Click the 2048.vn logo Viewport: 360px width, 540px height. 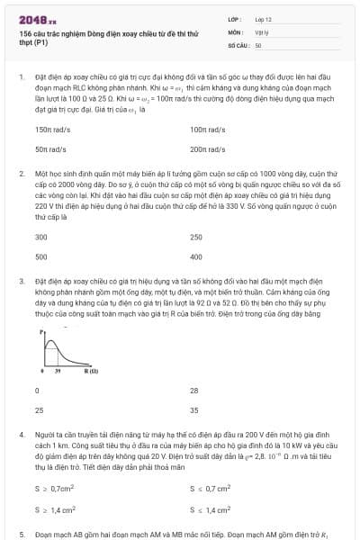coord(37,18)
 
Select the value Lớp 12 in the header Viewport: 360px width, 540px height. coord(263,19)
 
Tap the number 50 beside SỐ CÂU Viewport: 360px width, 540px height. coord(258,44)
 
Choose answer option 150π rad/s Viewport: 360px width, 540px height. coord(50,130)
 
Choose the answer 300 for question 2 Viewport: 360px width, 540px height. coord(40,238)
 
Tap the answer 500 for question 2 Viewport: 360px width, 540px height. coord(40,256)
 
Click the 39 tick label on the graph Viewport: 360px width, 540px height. coord(58,371)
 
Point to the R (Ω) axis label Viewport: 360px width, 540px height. coord(92,371)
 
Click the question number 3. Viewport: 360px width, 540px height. coord(22,281)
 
